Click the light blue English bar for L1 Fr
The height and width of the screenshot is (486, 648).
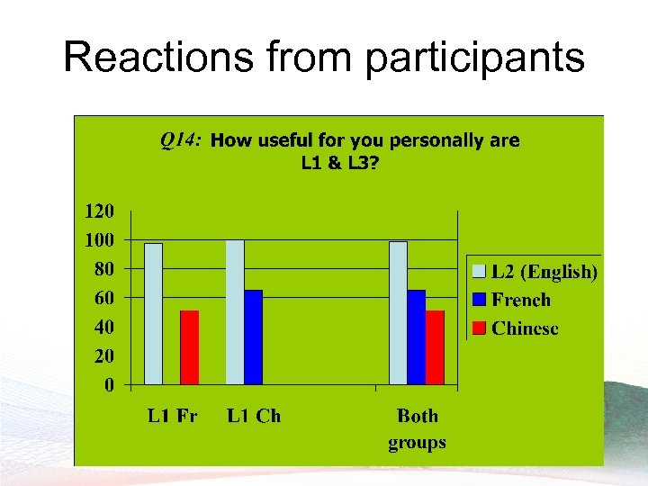point(154,314)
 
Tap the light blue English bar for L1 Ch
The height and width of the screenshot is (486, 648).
point(235,312)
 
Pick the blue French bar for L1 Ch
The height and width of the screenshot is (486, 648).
point(253,337)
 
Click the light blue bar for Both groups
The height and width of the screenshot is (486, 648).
point(398,313)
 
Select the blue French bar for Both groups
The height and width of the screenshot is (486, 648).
point(416,337)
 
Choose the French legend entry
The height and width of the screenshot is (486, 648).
point(520,300)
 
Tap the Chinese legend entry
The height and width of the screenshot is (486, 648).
point(525,328)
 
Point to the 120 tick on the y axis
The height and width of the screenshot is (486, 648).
point(99,212)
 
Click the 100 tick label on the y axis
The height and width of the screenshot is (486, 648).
point(99,240)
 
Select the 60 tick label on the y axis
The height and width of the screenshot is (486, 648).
point(104,298)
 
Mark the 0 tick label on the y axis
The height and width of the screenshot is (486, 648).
point(109,385)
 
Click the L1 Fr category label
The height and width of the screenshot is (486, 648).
point(172,416)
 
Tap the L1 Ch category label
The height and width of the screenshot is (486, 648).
point(253,416)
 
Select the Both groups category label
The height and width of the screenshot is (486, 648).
point(417,428)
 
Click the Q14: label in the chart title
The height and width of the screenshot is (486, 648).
point(181,139)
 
